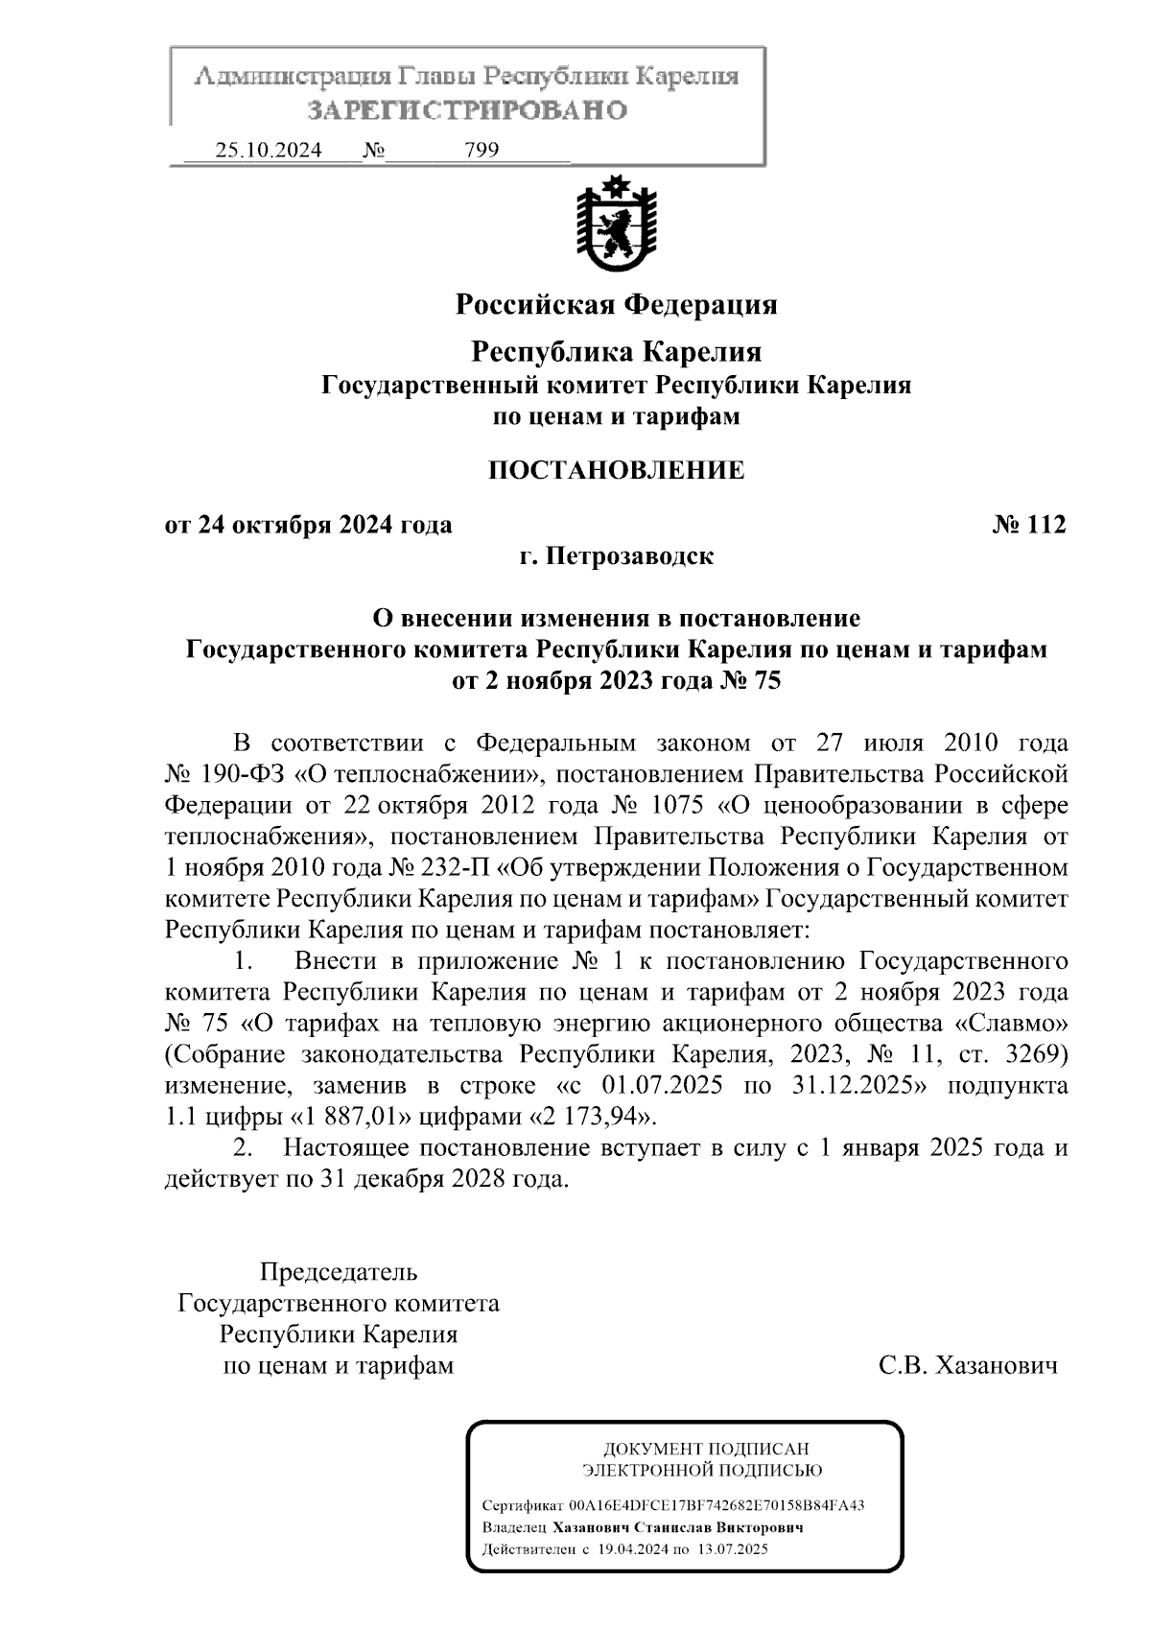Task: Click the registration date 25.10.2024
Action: point(268,151)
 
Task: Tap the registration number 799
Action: point(481,151)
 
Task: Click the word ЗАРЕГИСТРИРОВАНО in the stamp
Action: point(466,110)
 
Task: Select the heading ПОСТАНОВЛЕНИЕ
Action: point(616,470)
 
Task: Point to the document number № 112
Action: point(1027,525)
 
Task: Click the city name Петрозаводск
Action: point(629,555)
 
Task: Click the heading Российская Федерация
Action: point(616,305)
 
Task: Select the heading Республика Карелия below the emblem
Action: point(616,352)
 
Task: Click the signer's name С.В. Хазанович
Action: point(968,1365)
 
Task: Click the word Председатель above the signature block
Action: point(339,1273)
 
